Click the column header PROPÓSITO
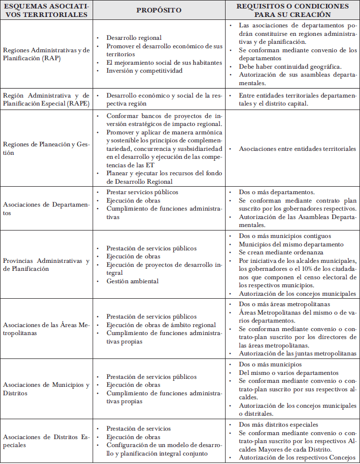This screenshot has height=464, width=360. click(x=159, y=10)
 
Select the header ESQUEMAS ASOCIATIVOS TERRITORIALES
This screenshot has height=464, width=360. click(x=45, y=10)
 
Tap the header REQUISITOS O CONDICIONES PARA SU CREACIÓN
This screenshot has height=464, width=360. click(x=292, y=10)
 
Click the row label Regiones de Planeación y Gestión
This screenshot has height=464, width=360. click(x=46, y=148)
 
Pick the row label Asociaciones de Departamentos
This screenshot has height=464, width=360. click(x=46, y=209)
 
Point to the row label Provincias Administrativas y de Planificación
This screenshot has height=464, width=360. click(x=46, y=265)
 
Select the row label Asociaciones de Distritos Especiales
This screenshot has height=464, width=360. click(x=46, y=441)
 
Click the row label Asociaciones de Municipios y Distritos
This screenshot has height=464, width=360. click(x=46, y=389)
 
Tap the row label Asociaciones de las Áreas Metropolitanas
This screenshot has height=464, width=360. click(x=46, y=329)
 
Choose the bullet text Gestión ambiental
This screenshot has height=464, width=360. click(x=132, y=281)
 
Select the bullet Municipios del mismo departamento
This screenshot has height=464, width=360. click(x=291, y=244)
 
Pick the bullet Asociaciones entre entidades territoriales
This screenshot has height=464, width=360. click(x=297, y=148)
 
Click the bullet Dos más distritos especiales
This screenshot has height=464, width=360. click(x=278, y=425)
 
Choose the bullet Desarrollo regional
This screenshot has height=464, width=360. click(x=133, y=38)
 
